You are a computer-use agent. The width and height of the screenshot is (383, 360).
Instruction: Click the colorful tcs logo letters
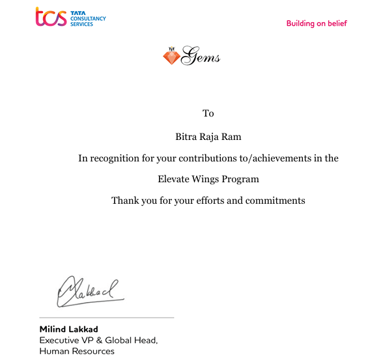pos(51,17)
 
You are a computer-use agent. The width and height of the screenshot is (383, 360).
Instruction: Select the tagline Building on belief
pos(317,23)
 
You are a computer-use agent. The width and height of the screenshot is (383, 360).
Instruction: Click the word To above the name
pos(208,113)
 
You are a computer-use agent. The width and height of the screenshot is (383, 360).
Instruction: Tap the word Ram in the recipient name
pos(232,137)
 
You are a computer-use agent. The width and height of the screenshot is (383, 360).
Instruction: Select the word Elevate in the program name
pos(175,179)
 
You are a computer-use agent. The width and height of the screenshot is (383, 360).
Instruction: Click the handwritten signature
pos(88,291)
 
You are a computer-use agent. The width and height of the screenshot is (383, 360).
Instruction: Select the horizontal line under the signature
pos(107,318)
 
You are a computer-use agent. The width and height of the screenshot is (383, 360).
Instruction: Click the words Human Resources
pos(77,352)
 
